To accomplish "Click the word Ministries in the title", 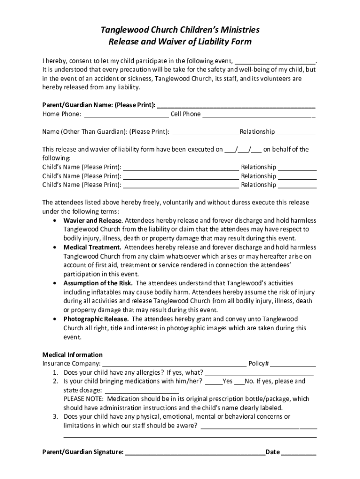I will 236,30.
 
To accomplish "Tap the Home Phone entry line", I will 126,115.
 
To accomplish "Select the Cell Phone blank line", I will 259,115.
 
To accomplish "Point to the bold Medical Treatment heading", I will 93,247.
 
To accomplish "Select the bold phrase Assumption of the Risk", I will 98,283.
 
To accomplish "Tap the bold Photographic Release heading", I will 96,319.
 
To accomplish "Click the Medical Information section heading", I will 72,355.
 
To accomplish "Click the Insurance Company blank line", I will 174,364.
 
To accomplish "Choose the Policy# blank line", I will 293,364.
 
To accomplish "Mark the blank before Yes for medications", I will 214,382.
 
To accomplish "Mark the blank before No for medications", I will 239,382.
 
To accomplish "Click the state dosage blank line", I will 142,391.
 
